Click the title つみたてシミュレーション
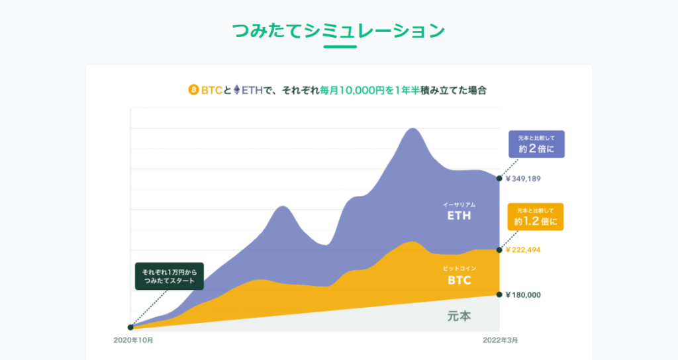pyautogui.click(x=338, y=30)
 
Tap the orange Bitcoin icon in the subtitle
pyautogui.click(x=194, y=90)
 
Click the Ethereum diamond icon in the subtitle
pyautogui.click(x=236, y=90)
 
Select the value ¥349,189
pyautogui.click(x=524, y=178)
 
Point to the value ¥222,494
pyautogui.click(x=524, y=249)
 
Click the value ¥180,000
pyautogui.click(x=524, y=294)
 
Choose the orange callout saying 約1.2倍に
pyautogui.click(x=536, y=217)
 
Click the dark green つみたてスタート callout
pyautogui.click(x=169, y=277)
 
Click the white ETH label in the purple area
pyautogui.click(x=459, y=215)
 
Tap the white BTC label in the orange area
pyautogui.click(x=459, y=280)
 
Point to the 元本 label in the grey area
pyautogui.click(x=459, y=316)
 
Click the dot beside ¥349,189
pyautogui.click(x=499, y=178)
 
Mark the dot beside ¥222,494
pyautogui.click(x=499, y=249)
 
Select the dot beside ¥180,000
pyautogui.click(x=499, y=294)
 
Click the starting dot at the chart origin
pyautogui.click(x=131, y=327)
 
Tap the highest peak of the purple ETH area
pyautogui.click(x=412, y=129)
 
